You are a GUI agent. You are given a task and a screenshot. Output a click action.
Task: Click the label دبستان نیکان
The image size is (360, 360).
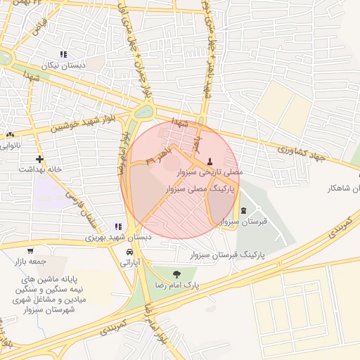(x=64, y=65)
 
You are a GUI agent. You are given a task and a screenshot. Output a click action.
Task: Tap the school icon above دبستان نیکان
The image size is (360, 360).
(x=63, y=54)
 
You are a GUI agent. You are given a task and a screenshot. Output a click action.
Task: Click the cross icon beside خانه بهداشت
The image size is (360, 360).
(x=39, y=159)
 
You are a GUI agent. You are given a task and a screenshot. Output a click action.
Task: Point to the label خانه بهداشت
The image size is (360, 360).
(x=40, y=169)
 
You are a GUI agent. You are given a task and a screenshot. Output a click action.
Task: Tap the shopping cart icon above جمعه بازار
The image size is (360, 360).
(x=30, y=251)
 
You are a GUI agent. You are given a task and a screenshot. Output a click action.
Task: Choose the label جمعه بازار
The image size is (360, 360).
(x=30, y=262)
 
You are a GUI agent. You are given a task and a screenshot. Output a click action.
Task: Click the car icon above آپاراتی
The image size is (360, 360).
(x=130, y=252)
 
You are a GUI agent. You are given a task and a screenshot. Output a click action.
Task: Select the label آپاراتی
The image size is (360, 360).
(x=131, y=262)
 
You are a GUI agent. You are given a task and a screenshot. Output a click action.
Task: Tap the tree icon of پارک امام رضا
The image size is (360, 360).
(x=175, y=274)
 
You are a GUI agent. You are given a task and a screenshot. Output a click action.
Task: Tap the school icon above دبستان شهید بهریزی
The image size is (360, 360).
(x=118, y=226)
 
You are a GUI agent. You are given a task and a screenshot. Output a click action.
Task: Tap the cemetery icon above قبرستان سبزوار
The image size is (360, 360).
(x=243, y=210)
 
